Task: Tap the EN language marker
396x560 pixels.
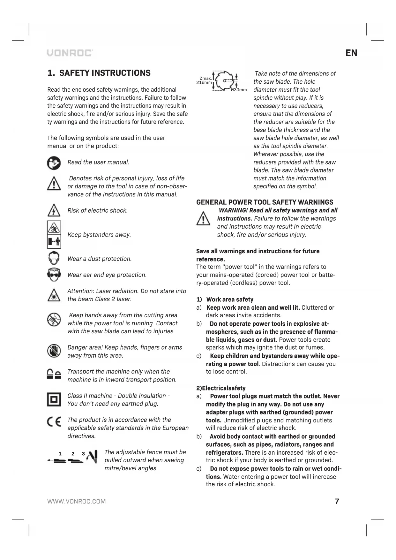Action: tap(351, 53)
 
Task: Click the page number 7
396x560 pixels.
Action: tap(337, 501)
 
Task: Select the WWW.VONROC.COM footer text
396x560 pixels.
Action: tap(77, 501)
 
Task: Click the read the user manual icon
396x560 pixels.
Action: tap(54, 163)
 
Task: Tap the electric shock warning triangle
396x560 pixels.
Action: tap(54, 211)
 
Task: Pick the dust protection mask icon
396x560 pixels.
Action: tap(54, 258)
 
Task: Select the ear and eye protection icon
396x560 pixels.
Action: tap(54, 275)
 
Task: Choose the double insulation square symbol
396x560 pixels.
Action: tap(54, 399)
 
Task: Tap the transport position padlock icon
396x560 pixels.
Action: tap(54, 374)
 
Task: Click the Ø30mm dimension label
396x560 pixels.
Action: tap(239, 90)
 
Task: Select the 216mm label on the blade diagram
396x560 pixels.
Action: tap(204, 83)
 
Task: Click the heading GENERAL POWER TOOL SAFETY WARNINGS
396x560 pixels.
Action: tap(265, 202)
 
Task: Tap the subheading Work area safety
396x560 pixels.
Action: tap(230, 299)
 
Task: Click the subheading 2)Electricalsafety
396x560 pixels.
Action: tap(221, 388)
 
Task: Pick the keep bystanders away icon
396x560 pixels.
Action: tap(54, 235)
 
